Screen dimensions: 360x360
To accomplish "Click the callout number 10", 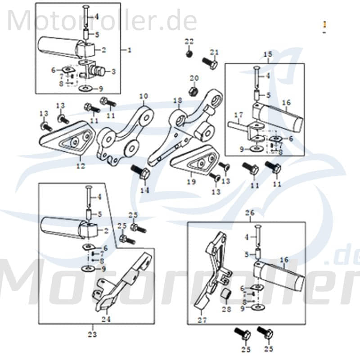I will point(144,96).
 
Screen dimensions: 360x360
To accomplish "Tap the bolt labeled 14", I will point(138,172).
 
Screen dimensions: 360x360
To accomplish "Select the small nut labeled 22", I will point(189,54).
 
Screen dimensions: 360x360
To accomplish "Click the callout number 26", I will point(250,212).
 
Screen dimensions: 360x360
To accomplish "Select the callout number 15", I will point(268,55).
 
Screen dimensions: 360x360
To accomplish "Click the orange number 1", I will point(324,24).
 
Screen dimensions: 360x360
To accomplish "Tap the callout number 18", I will point(178,100).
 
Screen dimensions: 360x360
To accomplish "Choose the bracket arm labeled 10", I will point(124,135).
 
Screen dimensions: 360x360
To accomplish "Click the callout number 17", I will point(238,114).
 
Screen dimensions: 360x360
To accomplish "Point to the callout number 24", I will point(106,320).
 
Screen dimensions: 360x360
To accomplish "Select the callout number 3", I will point(113,71).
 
